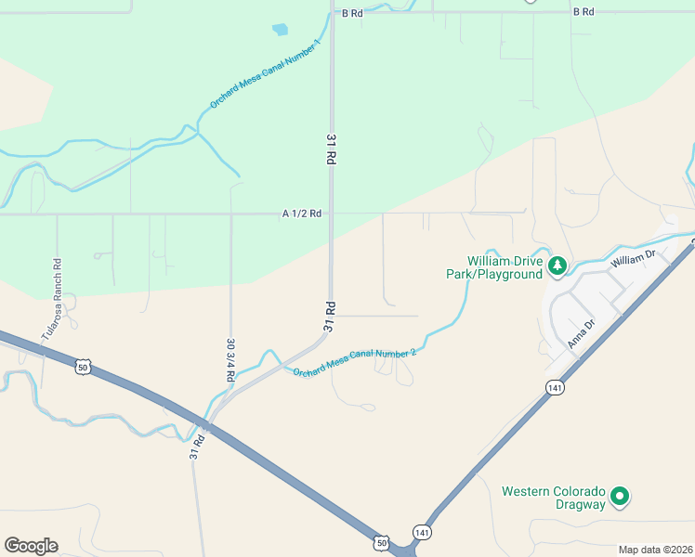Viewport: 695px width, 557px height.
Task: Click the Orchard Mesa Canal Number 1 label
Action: coord(266,73)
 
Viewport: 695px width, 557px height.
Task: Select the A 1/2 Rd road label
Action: coord(302,214)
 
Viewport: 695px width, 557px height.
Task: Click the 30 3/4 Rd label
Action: coord(230,356)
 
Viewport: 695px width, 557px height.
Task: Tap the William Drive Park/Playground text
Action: coord(505,267)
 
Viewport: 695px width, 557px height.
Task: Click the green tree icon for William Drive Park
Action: coord(557,267)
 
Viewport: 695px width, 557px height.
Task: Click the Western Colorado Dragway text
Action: coord(554,497)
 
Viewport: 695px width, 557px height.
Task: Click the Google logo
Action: coord(31,546)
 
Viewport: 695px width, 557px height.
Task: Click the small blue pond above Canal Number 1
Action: coord(280,30)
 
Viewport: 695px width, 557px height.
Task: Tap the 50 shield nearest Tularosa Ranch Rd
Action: coord(83,367)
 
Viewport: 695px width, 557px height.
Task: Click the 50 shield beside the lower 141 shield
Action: coord(382,541)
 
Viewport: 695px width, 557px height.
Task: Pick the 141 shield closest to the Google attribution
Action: coord(422,532)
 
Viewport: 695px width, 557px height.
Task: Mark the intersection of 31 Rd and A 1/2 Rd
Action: coord(331,214)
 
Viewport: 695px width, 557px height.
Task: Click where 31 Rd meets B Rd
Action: coord(332,12)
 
